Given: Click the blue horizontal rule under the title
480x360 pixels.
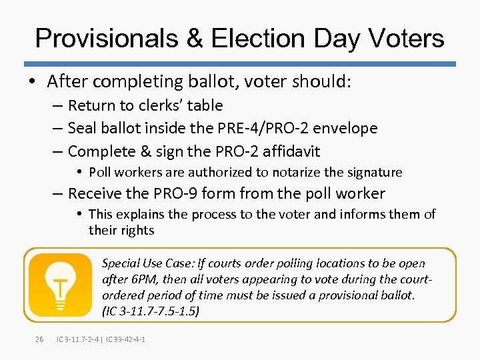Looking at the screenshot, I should (x=240, y=64).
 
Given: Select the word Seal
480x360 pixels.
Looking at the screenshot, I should (x=83, y=128).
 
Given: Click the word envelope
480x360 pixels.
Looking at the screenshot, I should (x=344, y=128).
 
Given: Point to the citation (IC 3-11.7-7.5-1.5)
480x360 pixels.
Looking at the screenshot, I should (x=151, y=310).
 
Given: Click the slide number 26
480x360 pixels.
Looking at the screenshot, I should (x=39, y=340).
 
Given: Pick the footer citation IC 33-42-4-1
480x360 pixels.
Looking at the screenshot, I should (x=124, y=340).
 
